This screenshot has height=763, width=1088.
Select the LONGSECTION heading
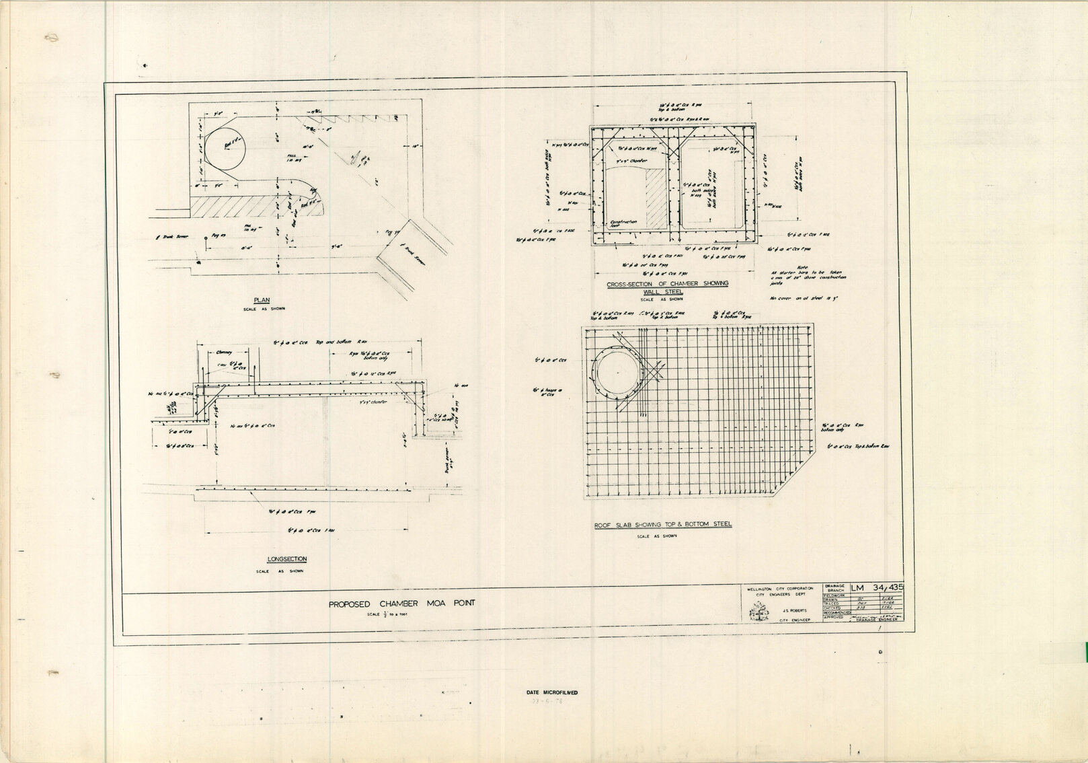[x=286, y=559]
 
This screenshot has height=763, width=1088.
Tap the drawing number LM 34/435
[x=877, y=588]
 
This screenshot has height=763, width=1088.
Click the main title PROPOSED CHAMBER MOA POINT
[x=401, y=604]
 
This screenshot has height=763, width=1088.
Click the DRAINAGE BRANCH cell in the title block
[x=834, y=588]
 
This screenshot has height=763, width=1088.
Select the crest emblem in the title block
[x=759, y=614]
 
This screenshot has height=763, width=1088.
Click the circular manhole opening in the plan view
[x=225, y=149]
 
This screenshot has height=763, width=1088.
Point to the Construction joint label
[x=623, y=224]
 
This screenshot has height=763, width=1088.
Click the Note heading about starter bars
[x=802, y=266]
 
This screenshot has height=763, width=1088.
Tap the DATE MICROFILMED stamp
[x=551, y=692]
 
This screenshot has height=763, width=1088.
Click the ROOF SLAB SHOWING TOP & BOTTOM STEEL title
[x=662, y=524]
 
